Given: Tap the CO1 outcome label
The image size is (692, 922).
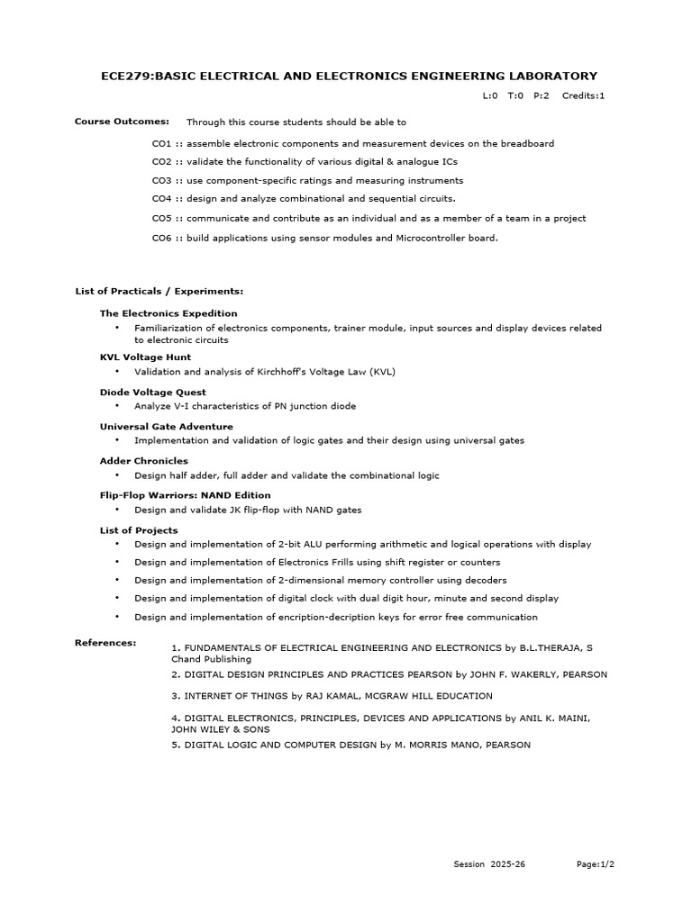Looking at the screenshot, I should coord(161,143).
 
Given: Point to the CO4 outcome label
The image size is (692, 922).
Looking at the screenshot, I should coord(161,198).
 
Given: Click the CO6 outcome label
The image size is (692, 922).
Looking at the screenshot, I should coord(161,238).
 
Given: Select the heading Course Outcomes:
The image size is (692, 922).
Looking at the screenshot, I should coord(122,121).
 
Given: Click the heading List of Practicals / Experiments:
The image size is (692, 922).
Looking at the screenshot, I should coord(159,292).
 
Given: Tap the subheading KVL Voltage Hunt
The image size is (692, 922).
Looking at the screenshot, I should coord(145,357).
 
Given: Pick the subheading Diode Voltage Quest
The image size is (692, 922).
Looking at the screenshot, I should coord(152,393).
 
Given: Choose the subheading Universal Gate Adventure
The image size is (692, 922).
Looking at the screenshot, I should coord(166,427).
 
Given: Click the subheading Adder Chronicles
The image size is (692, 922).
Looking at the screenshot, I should coord(143,461).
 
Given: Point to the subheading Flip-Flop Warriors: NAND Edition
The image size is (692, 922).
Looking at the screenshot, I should coord(185,495).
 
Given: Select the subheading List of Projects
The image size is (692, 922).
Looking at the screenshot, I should coord(139,530).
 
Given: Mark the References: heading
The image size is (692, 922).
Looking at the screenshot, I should coord(105,643).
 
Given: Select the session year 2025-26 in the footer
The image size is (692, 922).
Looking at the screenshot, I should coord(508,864).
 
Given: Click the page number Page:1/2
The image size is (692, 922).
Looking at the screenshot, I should coord(596,864).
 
